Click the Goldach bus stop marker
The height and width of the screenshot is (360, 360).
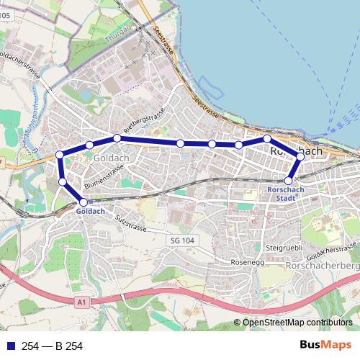[84, 203]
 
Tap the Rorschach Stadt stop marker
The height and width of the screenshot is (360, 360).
[289, 181]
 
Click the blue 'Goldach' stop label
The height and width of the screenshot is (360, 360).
[91, 212]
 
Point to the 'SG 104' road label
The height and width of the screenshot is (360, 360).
[184, 240]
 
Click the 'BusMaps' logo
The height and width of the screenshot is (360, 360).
[330, 346]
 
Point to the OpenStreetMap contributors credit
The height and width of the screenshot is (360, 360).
[297, 323]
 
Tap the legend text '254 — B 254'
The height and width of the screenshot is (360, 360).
[53, 346]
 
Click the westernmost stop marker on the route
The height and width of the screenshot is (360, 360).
[60, 155]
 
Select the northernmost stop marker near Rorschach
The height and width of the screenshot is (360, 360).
[266, 138]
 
